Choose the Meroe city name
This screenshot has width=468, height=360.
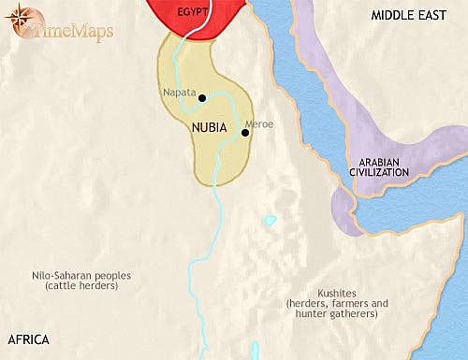pyautogui.click(x=258, y=123)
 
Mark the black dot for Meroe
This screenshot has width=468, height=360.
pyautogui.click(x=243, y=133)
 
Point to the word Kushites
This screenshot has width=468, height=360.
pyautogui.click(x=332, y=293)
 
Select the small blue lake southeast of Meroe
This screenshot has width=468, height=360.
pyautogui.click(x=271, y=222)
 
